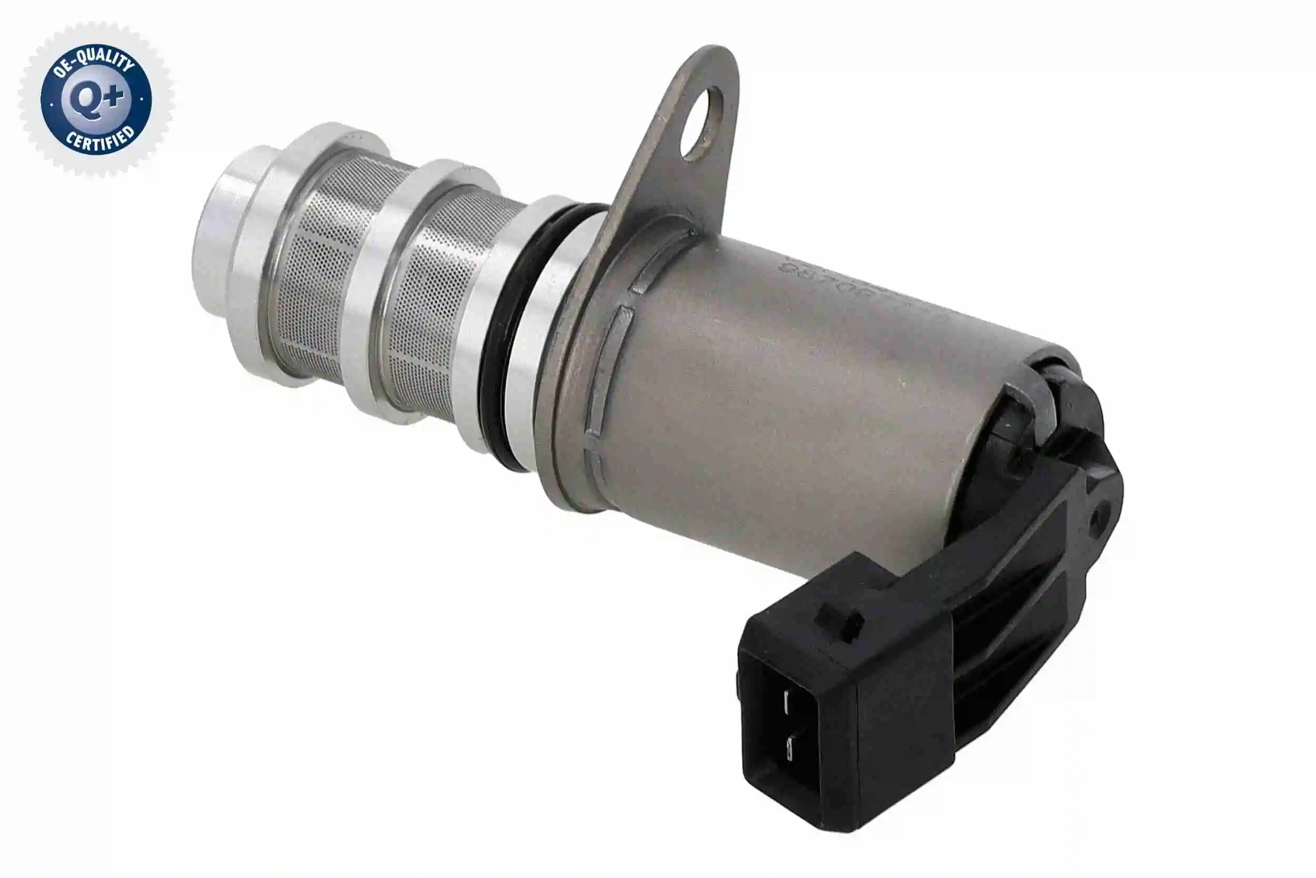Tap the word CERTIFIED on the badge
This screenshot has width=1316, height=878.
pos(101,141)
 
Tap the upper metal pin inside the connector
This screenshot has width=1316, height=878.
pos(787,701)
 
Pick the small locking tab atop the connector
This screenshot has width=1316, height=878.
pos(838,621)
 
